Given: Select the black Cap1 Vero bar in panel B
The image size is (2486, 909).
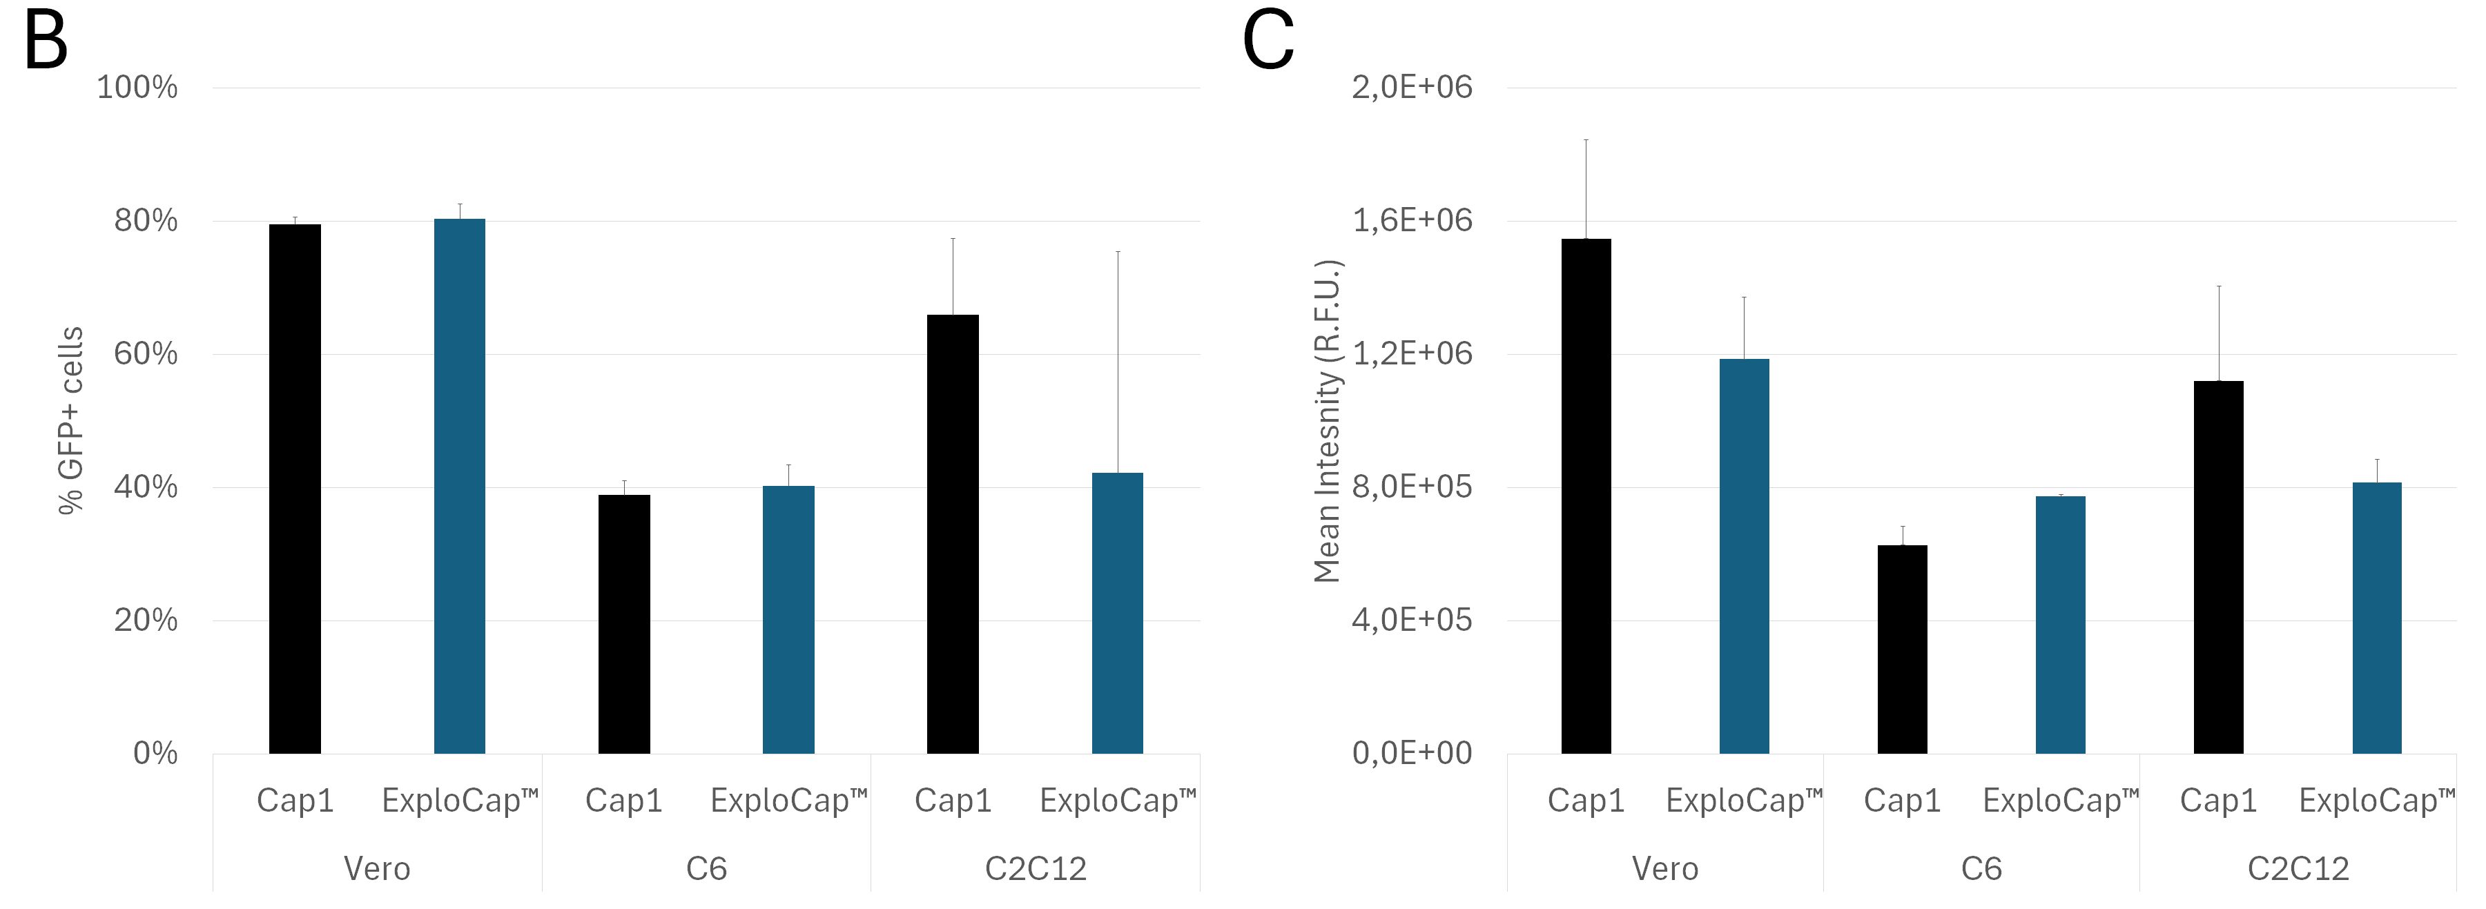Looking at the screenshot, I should pos(294,488).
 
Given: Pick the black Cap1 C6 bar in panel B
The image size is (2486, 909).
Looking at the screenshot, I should pos(623,623).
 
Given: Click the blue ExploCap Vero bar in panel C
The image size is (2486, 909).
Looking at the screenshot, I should pos(1744,556).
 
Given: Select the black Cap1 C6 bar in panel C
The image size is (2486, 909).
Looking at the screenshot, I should pos(1902,649).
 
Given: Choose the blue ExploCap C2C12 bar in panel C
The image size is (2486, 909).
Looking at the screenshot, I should pos(2376,618).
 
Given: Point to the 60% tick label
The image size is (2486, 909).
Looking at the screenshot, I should pos(146,354).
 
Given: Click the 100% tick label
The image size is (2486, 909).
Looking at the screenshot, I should pos(137,88).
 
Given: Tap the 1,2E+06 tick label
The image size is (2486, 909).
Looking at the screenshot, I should pos(1412,354).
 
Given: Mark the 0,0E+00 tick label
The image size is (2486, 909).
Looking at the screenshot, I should pos(1412,753).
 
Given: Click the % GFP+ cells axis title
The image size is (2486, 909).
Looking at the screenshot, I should pos(71,421).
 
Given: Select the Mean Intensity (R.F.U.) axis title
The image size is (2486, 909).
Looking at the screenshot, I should pos(1328,421).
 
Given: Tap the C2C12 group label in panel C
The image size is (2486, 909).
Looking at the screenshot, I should pos(2298,868).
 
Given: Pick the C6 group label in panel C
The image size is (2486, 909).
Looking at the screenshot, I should pos(1981,868).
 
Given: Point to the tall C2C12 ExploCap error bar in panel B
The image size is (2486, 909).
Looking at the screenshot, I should pos(1118,362).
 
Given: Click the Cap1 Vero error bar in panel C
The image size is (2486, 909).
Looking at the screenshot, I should pos(1586,189).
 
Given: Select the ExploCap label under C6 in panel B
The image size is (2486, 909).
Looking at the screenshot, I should pos(788,800).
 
